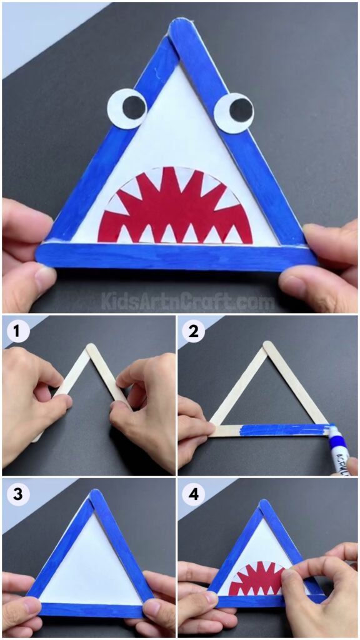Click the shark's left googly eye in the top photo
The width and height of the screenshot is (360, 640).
(x=127, y=109)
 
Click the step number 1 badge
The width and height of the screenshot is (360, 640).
(x=17, y=331)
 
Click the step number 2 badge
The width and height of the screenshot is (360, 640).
(x=193, y=331)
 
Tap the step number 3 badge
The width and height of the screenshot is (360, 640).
(x=17, y=494)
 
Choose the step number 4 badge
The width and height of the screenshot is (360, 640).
(x=193, y=494)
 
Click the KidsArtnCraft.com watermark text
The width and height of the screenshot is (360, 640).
(x=187, y=302)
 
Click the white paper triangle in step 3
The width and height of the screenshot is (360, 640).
(x=92, y=569)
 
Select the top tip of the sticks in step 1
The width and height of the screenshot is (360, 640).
(x=91, y=347)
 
